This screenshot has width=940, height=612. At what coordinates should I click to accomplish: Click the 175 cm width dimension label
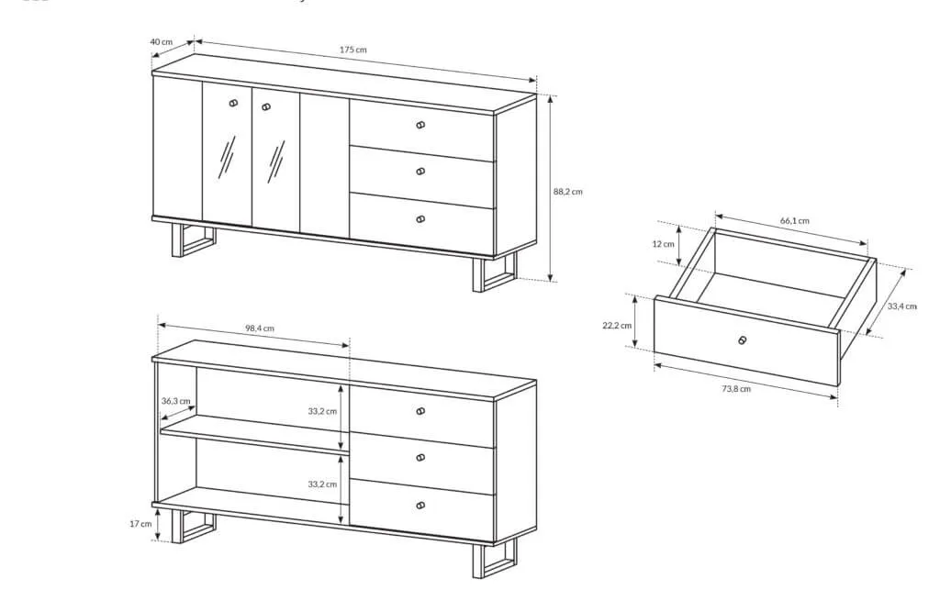353,50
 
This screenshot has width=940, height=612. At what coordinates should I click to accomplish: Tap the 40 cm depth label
161,42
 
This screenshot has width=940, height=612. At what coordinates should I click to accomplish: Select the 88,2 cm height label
567,192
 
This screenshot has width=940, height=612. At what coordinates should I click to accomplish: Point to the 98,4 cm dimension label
260,328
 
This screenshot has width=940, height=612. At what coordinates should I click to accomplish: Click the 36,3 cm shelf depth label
175,401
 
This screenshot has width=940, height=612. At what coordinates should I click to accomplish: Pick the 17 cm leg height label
140,523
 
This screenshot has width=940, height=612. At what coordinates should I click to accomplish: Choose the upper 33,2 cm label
322,411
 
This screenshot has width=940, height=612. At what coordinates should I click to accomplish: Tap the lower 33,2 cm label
322,484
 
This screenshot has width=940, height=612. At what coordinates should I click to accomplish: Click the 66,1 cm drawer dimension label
795,220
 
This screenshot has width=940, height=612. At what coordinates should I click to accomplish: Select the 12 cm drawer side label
663,244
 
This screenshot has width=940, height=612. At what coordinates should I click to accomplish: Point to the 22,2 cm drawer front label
617,326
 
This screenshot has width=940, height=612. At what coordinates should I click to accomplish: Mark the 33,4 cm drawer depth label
902,306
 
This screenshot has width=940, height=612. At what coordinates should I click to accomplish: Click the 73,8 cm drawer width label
736,388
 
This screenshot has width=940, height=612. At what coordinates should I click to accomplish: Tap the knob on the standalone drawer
743,340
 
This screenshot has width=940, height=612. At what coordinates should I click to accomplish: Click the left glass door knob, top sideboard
233,103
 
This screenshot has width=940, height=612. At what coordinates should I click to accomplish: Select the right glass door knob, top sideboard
267,107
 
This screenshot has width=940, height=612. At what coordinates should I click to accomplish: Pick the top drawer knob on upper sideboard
420,126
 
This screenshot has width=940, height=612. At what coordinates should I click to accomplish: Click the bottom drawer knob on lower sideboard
420,506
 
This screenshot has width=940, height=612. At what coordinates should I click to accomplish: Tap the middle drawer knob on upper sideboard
420,172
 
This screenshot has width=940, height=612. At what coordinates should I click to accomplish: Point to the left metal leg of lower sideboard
193,527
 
